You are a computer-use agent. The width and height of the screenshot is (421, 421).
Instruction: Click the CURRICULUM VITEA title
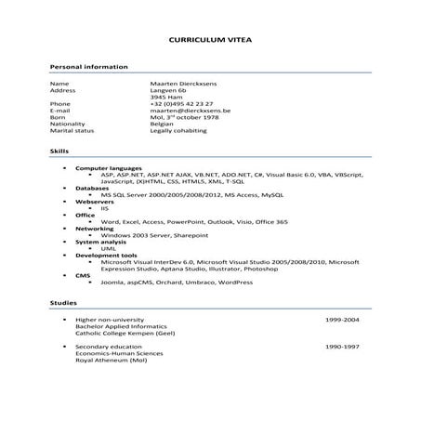point(211,41)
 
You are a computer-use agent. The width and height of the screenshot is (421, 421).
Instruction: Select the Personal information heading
point(88,67)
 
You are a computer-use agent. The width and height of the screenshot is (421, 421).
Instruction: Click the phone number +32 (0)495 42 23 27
point(181,103)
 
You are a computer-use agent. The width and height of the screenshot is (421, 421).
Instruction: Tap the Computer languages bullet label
point(105,167)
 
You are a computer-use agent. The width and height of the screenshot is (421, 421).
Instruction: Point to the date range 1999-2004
point(342,319)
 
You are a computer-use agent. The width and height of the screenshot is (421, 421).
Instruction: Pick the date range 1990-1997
point(342,346)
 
